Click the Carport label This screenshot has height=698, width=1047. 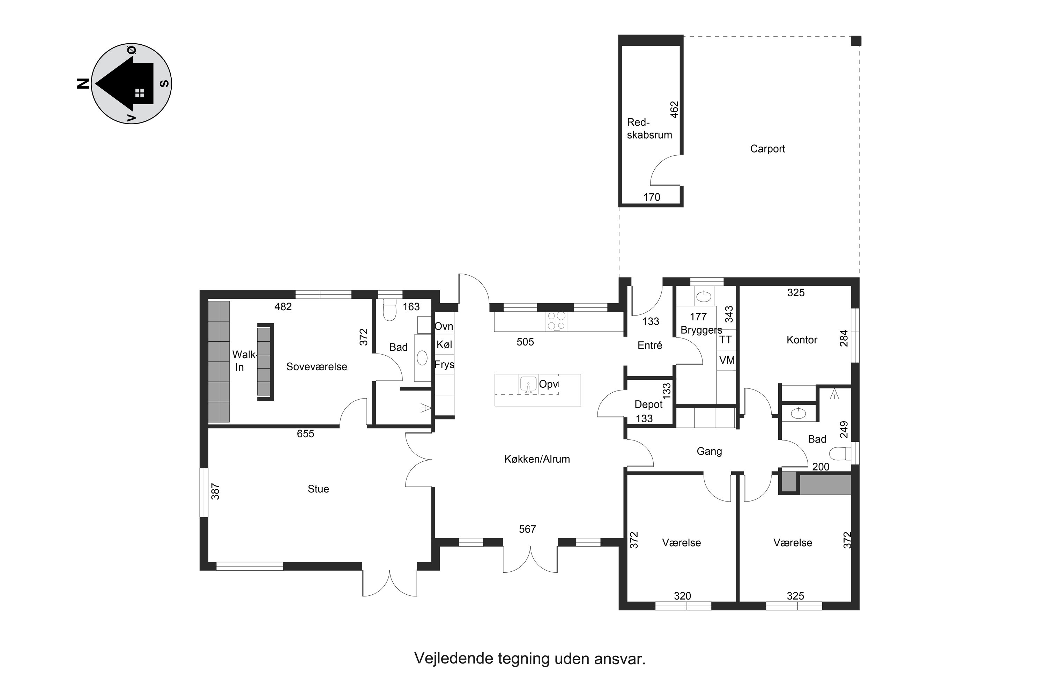[x=767, y=149]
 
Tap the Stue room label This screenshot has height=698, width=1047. [x=318, y=489]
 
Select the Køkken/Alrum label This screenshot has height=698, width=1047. [x=537, y=459]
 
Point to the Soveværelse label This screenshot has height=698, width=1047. [x=317, y=366]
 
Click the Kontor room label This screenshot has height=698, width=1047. [x=802, y=340]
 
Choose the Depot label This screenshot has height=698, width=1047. [x=648, y=404]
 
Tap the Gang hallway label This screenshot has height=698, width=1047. [x=709, y=451]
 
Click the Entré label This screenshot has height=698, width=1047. [x=650, y=345]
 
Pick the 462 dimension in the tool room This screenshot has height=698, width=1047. [x=674, y=110]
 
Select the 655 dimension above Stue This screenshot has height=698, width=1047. [x=305, y=433]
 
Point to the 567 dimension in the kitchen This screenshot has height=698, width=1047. [x=527, y=529]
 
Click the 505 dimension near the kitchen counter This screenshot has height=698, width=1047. [x=525, y=342]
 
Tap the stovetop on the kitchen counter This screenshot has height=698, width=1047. [x=556, y=321]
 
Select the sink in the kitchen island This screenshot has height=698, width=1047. [x=528, y=384]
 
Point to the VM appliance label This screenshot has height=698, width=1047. [x=727, y=360]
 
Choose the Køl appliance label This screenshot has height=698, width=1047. [x=444, y=344]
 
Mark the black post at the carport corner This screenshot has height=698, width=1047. [x=856, y=41]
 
